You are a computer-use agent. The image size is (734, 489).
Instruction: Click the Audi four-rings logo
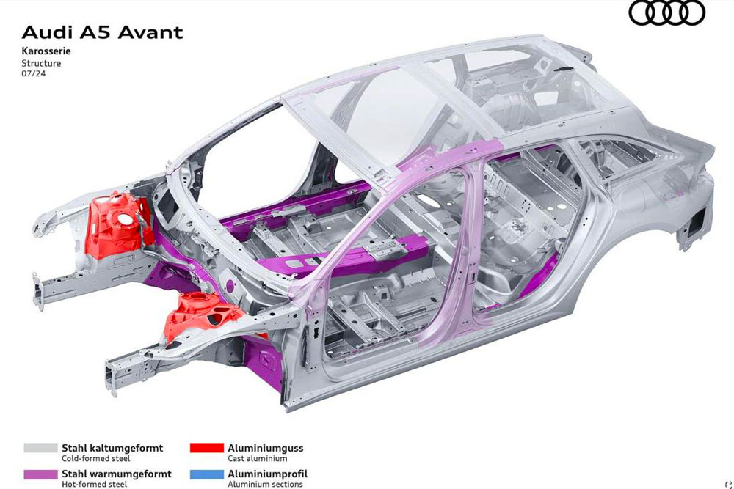666,12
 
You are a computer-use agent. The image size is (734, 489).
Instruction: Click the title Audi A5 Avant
102,32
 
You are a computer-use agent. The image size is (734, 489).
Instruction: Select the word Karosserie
46,51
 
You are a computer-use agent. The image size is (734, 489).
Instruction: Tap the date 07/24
34,73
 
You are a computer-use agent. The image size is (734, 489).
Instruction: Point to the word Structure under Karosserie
41,62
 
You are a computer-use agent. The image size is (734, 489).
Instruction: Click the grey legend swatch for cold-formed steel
40,448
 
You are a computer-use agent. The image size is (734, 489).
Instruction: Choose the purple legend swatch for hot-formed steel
40,474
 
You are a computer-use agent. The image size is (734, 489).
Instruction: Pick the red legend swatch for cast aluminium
207,448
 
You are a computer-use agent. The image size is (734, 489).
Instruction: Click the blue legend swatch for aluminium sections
207,474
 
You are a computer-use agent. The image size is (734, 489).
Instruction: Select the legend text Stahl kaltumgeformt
112,448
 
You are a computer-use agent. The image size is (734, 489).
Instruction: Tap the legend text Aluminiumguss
266,448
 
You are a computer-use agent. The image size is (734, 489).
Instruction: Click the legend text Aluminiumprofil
268,474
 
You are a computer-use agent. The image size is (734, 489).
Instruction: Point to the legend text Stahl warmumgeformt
117,474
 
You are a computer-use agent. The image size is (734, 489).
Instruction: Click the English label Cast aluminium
258,459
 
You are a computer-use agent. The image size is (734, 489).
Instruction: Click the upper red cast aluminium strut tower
120,224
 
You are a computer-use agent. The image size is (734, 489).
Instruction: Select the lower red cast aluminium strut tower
203,315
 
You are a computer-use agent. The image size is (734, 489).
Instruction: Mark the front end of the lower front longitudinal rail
112,379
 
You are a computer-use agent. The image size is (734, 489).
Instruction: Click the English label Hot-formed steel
94,485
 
